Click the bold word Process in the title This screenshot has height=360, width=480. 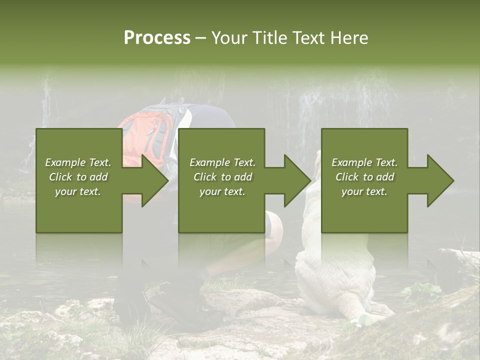pos(157,38)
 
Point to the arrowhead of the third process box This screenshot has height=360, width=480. pos(439,180)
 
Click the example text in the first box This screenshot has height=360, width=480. pos(78,177)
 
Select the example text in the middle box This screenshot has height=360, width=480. pos(222,177)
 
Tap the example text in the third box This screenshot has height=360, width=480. pos(364,177)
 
